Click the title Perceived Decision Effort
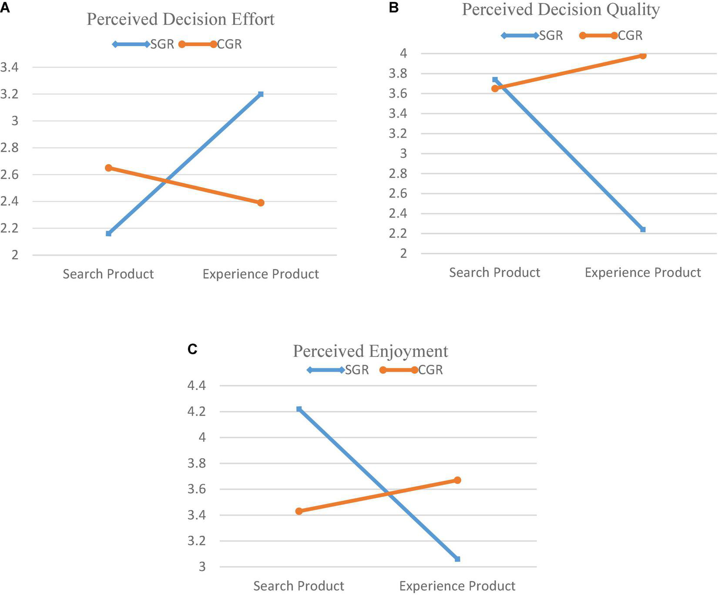coord(181,20)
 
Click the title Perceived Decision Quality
coord(560,10)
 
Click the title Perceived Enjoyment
coord(370,351)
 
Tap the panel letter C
coord(192,349)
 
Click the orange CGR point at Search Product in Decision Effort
coord(109,168)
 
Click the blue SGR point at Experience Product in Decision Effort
coord(261,94)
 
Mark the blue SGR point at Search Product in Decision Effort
coord(109,234)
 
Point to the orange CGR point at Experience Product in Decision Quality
coord(643,56)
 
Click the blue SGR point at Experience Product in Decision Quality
coord(643,229)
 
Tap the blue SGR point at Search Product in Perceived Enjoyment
coord(299,409)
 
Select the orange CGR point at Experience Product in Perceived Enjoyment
coord(457,480)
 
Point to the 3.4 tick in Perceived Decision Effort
coord(10,67)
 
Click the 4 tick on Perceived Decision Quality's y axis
coord(403,54)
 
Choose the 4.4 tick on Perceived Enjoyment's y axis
coord(196,386)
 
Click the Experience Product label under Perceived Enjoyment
coord(457,586)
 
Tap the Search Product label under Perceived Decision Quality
coord(495,273)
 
